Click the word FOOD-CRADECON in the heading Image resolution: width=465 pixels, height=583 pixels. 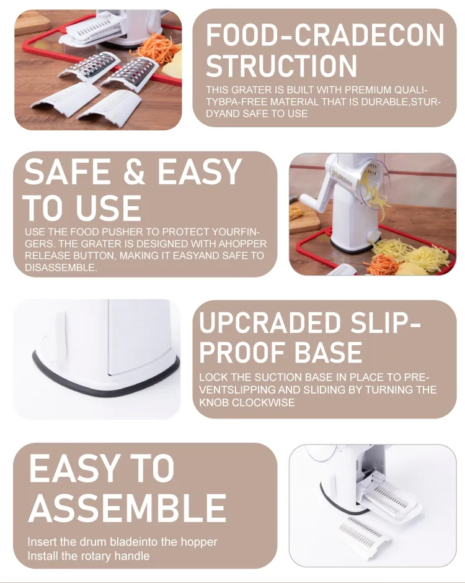pyautogui.click(x=325, y=35)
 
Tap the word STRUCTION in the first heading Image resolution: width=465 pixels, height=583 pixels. pyautogui.click(x=281, y=66)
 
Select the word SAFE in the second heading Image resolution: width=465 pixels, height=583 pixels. pyautogui.click(x=67, y=171)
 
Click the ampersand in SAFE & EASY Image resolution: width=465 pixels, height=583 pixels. pyautogui.click(x=134, y=171)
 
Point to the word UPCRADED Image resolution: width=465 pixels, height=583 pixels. pyautogui.click(x=270, y=322)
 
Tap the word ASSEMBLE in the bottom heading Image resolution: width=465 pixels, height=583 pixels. pyautogui.click(x=127, y=508)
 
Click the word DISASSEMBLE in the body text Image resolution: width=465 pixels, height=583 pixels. pyautogui.click(x=61, y=268)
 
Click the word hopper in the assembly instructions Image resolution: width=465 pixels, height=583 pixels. pyautogui.click(x=198, y=542)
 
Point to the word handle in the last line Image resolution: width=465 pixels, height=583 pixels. pyautogui.click(x=132, y=556)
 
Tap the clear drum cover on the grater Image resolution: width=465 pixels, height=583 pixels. pyautogui.click(x=374, y=184)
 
